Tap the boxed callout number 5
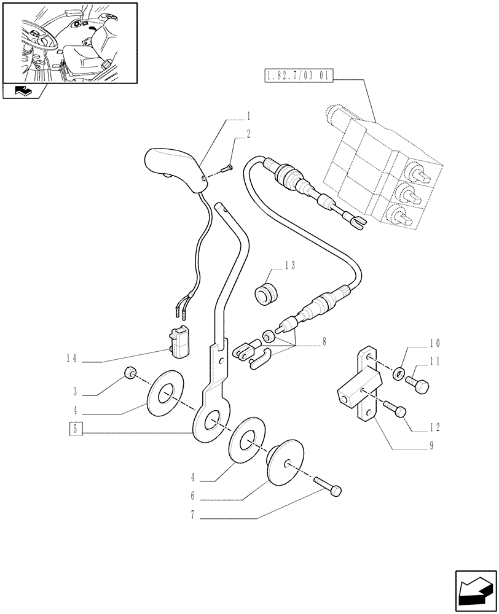coord(74,429)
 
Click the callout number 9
coord(431,447)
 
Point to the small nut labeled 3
coord(130,372)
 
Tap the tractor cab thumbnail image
coord(69,43)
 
